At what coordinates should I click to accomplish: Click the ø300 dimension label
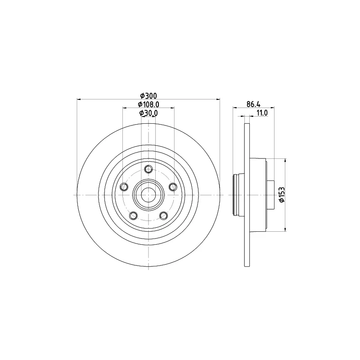coord(148,95)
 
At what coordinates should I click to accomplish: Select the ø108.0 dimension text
coord(148,104)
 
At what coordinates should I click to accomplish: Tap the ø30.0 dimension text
coord(148,113)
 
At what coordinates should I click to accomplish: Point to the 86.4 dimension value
coord(253,104)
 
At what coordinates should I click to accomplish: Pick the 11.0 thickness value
coord(262,113)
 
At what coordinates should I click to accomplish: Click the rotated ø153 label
coord(282,195)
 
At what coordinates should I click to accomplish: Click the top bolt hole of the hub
coord(148,169)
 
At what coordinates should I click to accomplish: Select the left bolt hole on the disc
coord(124,187)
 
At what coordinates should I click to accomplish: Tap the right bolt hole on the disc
coord(173,187)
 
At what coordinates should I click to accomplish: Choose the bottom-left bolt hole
coord(133,216)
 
